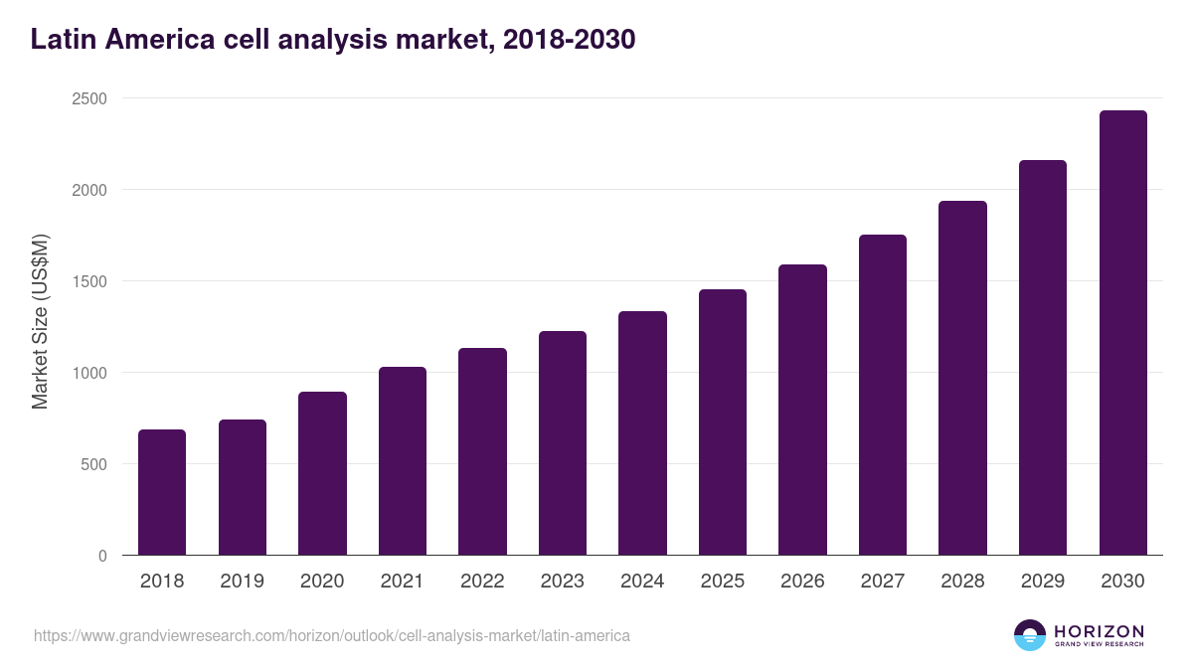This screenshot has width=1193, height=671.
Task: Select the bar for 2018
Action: point(162,492)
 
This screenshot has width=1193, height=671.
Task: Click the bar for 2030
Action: point(1122,333)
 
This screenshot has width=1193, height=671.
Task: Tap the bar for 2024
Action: point(642,433)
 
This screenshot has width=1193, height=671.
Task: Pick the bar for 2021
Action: point(403,461)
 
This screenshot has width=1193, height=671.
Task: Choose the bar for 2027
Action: point(883,395)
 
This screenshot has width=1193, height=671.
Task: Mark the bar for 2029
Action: point(1043,358)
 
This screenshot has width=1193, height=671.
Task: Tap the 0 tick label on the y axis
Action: point(102,556)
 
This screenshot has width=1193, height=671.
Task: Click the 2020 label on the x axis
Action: point(322,582)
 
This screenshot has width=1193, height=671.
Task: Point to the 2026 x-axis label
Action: point(802,582)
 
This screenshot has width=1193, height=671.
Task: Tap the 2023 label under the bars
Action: point(563,582)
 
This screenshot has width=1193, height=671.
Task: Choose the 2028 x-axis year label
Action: point(962,582)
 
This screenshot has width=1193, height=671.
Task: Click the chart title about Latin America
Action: point(333,40)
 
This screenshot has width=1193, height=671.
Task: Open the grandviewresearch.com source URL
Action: point(332,635)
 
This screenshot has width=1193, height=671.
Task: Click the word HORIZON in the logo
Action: point(1099,631)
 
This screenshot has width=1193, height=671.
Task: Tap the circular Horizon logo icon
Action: point(1030,635)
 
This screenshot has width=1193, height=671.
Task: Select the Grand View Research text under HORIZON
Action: point(1099,645)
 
